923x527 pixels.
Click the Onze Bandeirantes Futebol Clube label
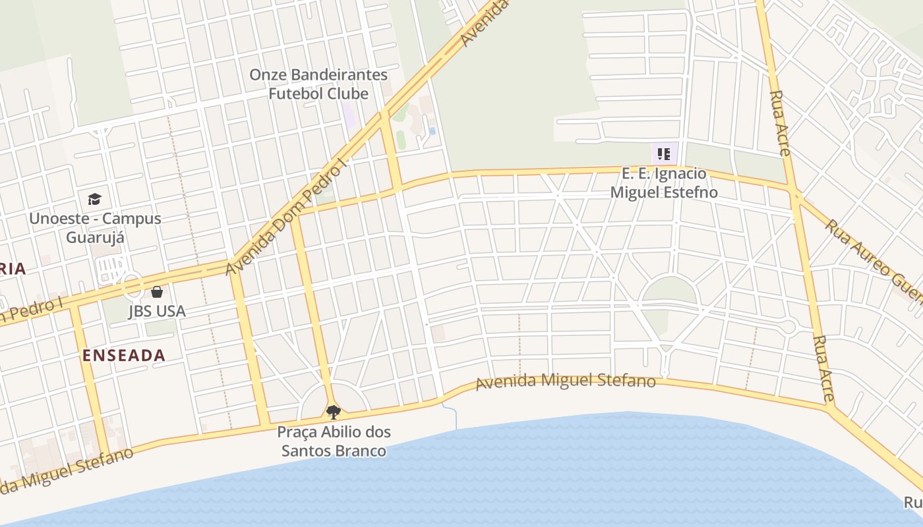318,84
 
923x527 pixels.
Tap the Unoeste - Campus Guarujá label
95,227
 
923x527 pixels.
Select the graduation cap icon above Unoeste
95,199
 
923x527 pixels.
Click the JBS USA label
157,311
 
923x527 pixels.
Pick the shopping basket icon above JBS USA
157,291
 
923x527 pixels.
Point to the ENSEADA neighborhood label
123,355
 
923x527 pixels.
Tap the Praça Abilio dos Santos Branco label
334,441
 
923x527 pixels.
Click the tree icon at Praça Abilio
334,412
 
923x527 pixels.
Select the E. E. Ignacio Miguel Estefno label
664,183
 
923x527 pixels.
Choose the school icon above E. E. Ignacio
664,155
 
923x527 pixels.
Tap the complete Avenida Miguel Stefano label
566,381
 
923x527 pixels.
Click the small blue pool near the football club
432,131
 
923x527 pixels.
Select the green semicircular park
669,291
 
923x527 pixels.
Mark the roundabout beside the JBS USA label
131,285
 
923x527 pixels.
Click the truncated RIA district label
13,269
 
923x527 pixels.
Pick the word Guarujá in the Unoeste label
95,237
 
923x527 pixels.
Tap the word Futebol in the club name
295,94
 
